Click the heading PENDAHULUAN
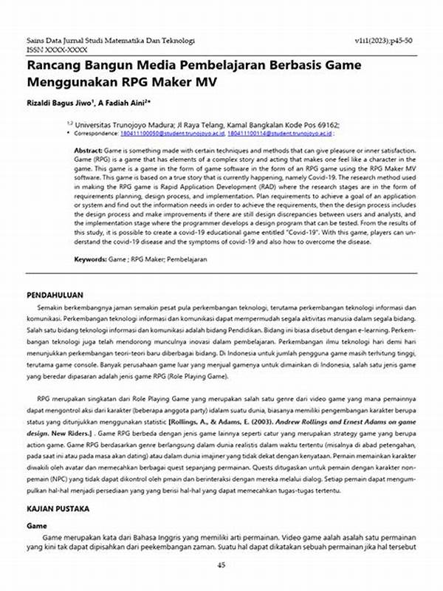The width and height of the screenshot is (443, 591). pos(55,293)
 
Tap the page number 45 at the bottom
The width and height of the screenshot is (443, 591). pos(221,565)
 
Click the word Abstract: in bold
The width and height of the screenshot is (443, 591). pos(92,150)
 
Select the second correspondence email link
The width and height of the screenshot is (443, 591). pos(268,134)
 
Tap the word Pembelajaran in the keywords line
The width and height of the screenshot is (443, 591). pos(188,259)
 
